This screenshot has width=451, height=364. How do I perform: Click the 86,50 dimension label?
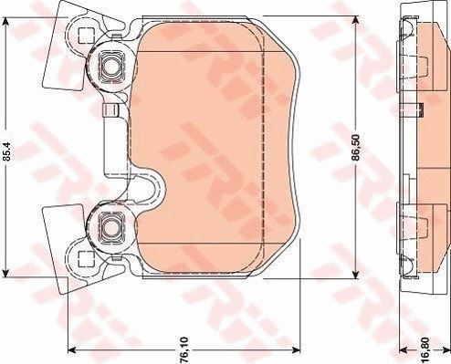pyautogui.click(x=356, y=147)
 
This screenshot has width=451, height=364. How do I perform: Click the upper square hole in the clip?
pyautogui.click(x=84, y=36)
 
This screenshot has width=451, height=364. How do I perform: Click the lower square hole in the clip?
pyautogui.click(x=84, y=258)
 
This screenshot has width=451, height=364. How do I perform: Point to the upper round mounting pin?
pyautogui.click(x=110, y=67)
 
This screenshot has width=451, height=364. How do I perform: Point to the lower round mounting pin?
pyautogui.click(x=110, y=226)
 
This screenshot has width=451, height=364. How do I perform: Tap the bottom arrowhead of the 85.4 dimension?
pyautogui.click(x=5, y=272)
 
